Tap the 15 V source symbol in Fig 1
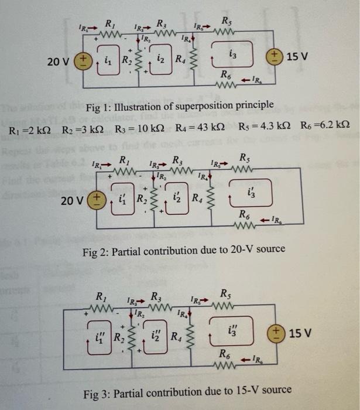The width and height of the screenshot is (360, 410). (274, 57)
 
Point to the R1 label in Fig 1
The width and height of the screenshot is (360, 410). (109, 23)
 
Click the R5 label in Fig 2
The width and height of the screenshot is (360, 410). (243, 157)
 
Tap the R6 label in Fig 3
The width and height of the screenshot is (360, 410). (225, 353)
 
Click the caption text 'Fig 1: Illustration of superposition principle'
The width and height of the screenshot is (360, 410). (180, 105)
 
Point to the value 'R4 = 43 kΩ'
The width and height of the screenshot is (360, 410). (200, 128)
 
